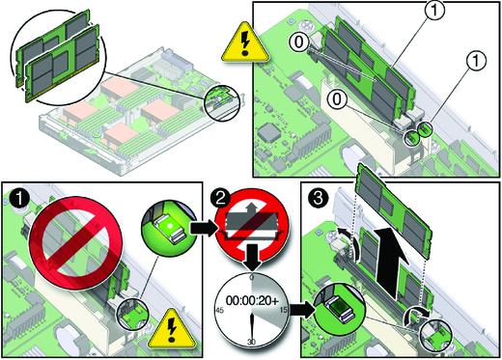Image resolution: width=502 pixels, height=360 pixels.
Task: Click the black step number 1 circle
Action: tap(19, 198)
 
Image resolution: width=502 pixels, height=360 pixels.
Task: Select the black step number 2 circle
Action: tap(221, 198)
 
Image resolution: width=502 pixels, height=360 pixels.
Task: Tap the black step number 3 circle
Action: tap(319, 198)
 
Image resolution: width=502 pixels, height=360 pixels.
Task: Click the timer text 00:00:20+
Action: tap(252, 300)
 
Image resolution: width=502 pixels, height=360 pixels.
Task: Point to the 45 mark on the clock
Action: tap(219, 310)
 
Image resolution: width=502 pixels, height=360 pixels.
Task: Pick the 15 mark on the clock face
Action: tap(284, 310)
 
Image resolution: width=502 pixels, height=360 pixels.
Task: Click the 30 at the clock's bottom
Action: tap(251, 342)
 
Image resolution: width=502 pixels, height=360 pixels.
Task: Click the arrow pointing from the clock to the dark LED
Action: tap(301, 310)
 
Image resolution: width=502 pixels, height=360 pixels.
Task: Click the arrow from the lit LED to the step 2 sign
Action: tap(202, 228)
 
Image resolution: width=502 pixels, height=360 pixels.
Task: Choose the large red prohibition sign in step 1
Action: tap(75, 236)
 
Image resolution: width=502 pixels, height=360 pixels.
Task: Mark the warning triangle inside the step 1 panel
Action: tap(172, 329)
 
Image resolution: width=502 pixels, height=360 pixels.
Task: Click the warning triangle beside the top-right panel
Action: tap(245, 42)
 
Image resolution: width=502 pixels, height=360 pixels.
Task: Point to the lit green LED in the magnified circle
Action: tap(169, 225)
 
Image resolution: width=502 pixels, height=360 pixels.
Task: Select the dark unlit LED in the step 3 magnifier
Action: tap(340, 305)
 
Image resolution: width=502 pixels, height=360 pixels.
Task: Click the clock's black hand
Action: tap(252, 325)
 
